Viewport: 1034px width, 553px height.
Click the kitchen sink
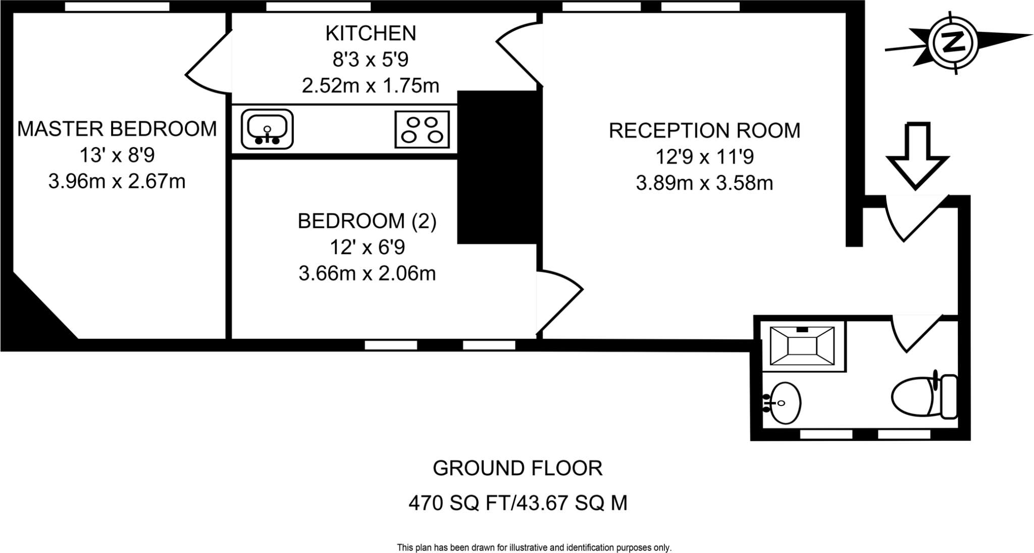tap(267, 129)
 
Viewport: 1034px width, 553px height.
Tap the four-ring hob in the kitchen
tap(422, 129)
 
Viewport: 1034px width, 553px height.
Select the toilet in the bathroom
tap(924, 396)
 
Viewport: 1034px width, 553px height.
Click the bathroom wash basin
tap(782, 403)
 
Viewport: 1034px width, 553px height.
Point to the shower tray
tap(802, 346)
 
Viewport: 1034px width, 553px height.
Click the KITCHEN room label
tap(371, 33)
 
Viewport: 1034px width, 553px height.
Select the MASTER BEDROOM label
tap(117, 129)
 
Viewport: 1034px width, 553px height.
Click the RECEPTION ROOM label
tap(704, 130)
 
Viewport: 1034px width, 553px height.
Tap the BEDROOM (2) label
tap(367, 221)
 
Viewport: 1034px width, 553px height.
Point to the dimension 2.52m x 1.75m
tap(371, 86)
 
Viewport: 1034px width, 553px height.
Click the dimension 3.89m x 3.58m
tap(704, 183)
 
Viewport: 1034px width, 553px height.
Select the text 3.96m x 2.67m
tap(117, 181)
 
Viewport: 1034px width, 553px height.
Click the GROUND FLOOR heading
tap(518, 468)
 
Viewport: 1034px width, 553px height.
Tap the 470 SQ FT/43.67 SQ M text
tap(518, 503)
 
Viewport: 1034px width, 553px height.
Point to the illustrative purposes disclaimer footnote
tap(534, 547)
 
